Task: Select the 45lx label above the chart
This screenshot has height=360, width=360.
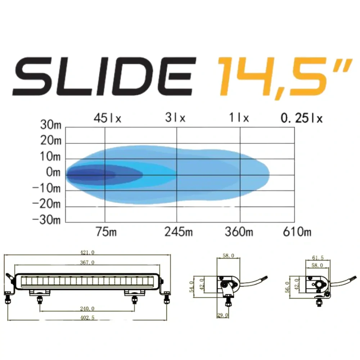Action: point(107,118)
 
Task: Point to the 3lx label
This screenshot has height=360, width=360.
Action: point(175,118)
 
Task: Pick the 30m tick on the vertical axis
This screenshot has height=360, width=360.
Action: point(51,126)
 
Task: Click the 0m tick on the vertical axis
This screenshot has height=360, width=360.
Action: point(53,173)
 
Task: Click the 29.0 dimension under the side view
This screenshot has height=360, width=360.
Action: point(222,315)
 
